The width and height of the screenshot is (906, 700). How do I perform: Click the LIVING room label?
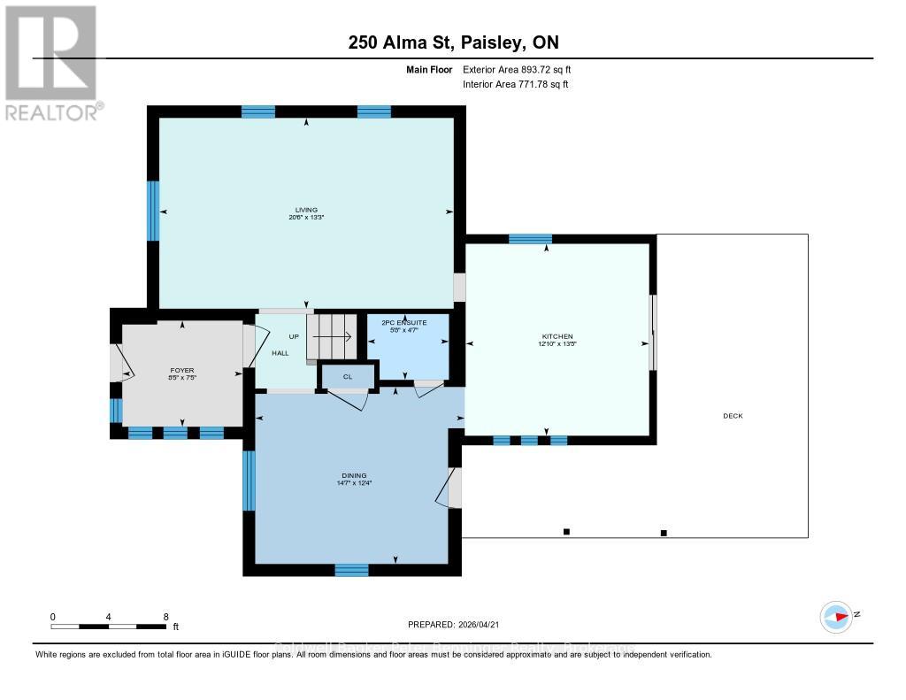[306, 210]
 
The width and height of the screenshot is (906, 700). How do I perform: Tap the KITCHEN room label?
[557, 336]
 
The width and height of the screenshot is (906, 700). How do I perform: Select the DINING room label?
[353, 475]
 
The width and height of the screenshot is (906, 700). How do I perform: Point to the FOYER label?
[182, 370]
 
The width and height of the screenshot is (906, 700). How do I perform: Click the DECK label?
[732, 416]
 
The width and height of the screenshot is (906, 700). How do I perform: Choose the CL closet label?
[347, 376]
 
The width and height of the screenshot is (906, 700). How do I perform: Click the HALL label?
[280, 353]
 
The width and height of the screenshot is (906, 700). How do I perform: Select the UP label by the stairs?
[294, 337]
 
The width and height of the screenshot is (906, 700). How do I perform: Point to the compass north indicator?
[837, 616]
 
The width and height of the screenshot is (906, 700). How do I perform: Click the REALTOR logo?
[51, 62]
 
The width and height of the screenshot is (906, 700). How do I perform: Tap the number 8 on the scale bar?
[165, 616]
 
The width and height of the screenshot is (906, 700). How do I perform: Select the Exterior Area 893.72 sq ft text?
[523, 69]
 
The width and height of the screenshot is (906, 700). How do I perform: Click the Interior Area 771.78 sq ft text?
[516, 84]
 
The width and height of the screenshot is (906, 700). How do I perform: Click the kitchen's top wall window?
[530, 238]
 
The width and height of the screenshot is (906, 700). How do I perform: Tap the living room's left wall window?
[152, 211]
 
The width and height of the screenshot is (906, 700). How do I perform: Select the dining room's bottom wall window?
[351, 569]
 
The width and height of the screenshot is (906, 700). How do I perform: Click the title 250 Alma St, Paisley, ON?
[452, 42]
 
